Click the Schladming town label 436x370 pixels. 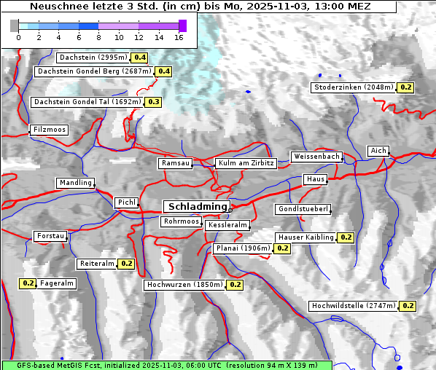click(195, 207)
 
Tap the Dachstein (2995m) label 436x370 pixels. click(93, 57)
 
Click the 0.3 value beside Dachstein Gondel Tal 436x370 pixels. click(153, 102)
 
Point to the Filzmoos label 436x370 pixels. click(49, 130)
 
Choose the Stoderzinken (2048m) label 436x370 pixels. click(354, 87)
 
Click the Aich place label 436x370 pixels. click(378, 151)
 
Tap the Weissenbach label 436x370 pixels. click(316, 157)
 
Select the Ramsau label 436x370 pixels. click(175, 163)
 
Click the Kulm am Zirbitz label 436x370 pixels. click(246, 163)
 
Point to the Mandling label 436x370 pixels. click(75, 183)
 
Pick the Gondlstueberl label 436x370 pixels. click(303, 209)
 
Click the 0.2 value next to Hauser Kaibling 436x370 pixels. click(346, 237)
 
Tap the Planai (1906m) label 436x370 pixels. click(243, 248)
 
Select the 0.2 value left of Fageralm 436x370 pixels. click(28, 283)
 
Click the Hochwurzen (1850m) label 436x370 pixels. click(184, 285)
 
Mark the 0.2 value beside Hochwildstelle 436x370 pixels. click(408, 306)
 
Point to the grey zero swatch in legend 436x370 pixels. click(15, 25)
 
